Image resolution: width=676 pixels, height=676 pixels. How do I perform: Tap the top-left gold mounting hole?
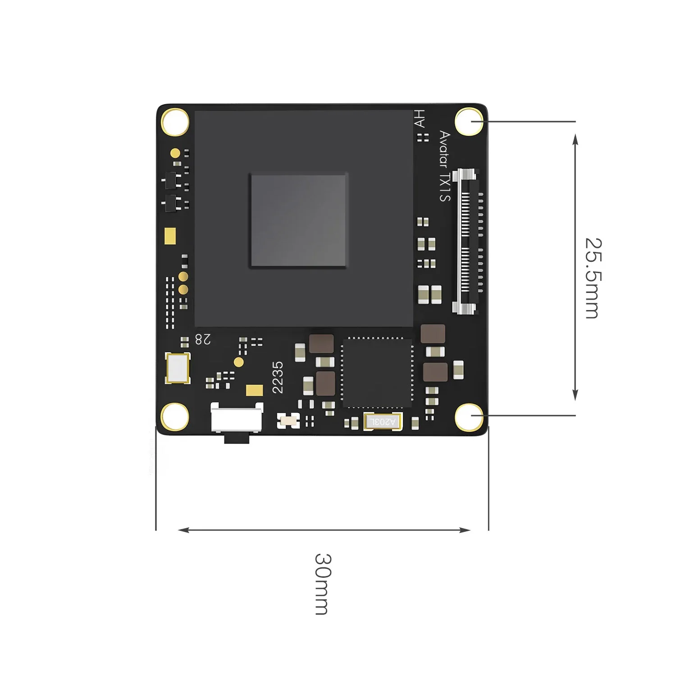tap(175, 121)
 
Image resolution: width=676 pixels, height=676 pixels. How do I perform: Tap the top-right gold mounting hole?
tap(469, 121)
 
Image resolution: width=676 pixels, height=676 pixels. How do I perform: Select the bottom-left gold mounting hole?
tap(175, 416)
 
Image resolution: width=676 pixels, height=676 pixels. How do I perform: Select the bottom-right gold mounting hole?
tap(469, 417)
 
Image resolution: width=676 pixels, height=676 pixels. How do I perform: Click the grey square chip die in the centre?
tap(299, 220)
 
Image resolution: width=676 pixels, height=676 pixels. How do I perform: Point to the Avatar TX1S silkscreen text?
tap(445, 166)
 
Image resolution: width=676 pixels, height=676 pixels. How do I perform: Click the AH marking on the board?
tap(420, 119)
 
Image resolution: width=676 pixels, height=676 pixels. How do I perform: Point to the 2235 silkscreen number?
tap(278, 377)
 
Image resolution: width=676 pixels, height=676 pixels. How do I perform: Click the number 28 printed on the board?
tap(203, 339)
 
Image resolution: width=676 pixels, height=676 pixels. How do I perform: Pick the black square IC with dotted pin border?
tap(377, 373)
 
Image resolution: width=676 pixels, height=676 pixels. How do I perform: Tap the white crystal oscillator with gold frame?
tap(178, 368)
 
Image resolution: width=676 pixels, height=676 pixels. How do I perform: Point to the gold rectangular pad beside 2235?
tap(255, 390)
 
